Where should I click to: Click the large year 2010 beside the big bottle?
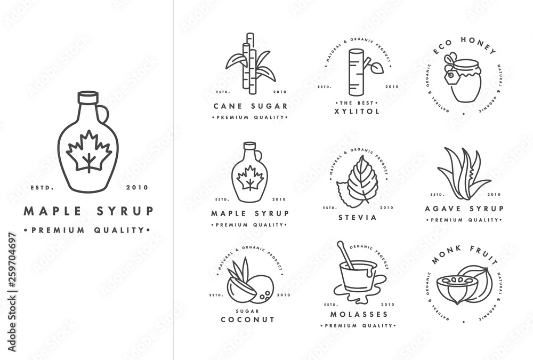point(137,187)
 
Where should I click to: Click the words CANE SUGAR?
point(251,106)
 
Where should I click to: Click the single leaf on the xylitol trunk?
point(376,68)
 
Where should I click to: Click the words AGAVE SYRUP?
point(464,209)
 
